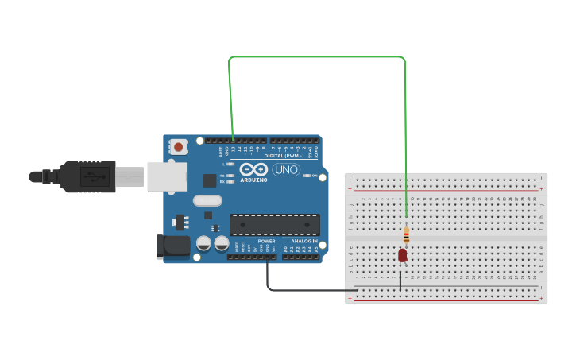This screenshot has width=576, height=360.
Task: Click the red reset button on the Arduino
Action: pyautogui.click(x=179, y=147)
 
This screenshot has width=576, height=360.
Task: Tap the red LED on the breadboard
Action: pyautogui.click(x=403, y=255)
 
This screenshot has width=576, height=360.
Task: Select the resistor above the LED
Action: pyautogui.click(x=406, y=235)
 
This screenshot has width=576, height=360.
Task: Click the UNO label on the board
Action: pyautogui.click(x=286, y=169)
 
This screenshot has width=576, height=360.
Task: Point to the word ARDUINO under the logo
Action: pyautogui.click(x=253, y=180)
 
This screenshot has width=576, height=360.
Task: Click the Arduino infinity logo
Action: pyautogui.click(x=253, y=169)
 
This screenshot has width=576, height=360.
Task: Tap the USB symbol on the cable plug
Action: pyautogui.click(x=95, y=176)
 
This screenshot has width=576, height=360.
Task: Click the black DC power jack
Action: pyautogui.click(x=173, y=246)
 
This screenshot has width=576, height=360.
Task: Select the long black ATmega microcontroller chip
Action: pyautogui.click(x=275, y=224)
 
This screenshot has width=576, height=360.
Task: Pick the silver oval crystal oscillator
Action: pyautogui.click(x=207, y=200)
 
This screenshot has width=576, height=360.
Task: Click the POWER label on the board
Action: pyautogui.click(x=267, y=241)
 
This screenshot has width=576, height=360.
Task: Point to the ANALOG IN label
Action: pyautogui.click(x=303, y=241)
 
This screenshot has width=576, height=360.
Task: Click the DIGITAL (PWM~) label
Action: pyautogui.click(x=287, y=156)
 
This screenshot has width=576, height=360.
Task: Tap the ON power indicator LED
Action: pyautogui.click(x=306, y=176)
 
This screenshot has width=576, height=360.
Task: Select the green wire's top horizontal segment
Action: pyautogui.click(x=318, y=57)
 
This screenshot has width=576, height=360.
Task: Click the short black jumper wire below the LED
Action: pyautogui.click(x=400, y=278)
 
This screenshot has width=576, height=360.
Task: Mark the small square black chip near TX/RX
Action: pyautogui.click(x=210, y=180)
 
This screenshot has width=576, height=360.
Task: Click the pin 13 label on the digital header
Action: pyautogui.click(x=233, y=149)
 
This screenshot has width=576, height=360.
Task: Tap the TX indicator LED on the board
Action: pyautogui.click(x=230, y=176)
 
